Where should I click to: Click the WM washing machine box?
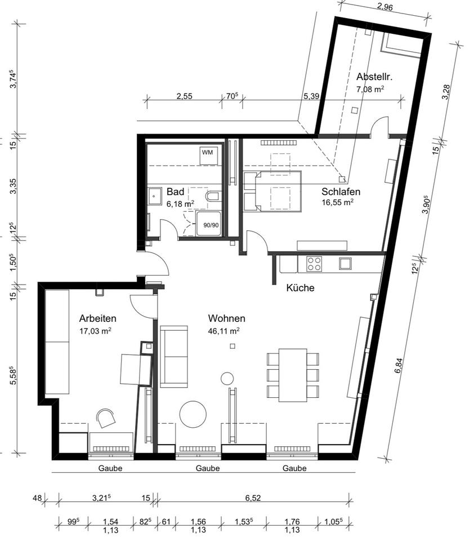pyautogui.click(x=208, y=156)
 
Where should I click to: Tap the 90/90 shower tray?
pyautogui.click(x=209, y=224)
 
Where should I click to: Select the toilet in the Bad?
pyautogui.click(x=212, y=197)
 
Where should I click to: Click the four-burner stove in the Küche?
pyautogui.click(x=314, y=264)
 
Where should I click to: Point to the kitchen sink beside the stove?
pyautogui.click(x=345, y=263)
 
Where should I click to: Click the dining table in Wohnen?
pyautogui.click(x=293, y=375)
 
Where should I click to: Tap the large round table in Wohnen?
pyautogui.click(x=193, y=414)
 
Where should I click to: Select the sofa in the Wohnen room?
pyautogui.click(x=174, y=356)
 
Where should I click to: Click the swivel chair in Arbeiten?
pyautogui.click(x=106, y=417)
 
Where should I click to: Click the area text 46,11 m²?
pyautogui.click(x=223, y=331)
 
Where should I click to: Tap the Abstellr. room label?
pyautogui.click(x=369, y=77)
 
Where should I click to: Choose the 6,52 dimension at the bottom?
pyautogui.click(x=253, y=498)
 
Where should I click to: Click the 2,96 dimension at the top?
pyautogui.click(x=385, y=7)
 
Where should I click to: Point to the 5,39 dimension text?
pyautogui.click(x=311, y=96)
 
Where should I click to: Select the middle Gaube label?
pyautogui.click(x=208, y=468)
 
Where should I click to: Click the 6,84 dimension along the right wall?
pyautogui.click(x=399, y=366)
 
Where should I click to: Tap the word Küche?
pyautogui.click(x=300, y=287)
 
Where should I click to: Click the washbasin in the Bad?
pyautogui.click(x=155, y=197)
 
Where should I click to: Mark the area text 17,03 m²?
pyautogui.click(x=95, y=331)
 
